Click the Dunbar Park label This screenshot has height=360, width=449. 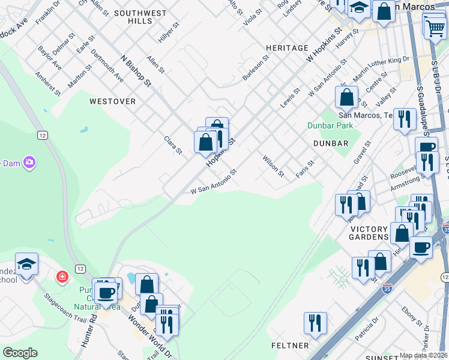[x=330, y=126]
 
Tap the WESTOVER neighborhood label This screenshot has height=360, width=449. [x=112, y=101]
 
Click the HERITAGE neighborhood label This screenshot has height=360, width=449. [x=288, y=47]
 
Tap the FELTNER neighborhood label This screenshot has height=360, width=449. [x=289, y=346]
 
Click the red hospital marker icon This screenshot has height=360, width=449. [x=62, y=277]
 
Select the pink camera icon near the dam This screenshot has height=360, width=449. [x=29, y=162]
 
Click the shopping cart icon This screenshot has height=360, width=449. [x=434, y=26]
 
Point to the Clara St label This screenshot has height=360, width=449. [x=173, y=145]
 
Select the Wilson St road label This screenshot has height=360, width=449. [x=273, y=166]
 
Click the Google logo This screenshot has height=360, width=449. [x=20, y=353]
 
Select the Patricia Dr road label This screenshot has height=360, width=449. [x=367, y=330]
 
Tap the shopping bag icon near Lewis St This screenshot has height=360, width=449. [x=346, y=97]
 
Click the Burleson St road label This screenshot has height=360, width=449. [x=254, y=70]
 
